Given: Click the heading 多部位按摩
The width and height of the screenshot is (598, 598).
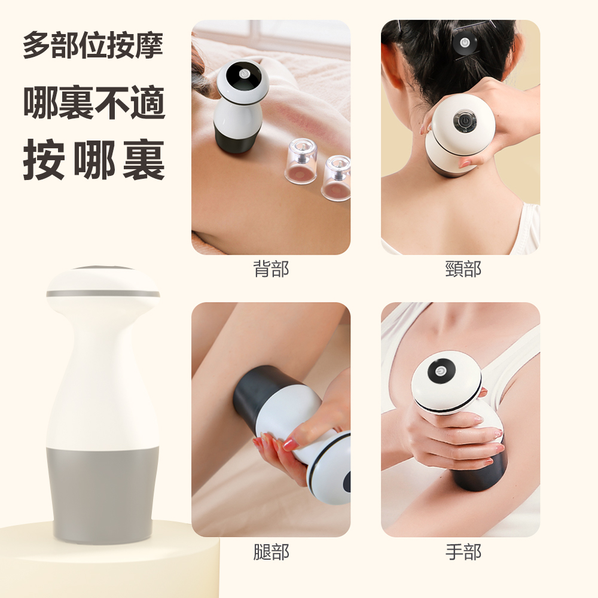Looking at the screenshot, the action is tap(93, 45).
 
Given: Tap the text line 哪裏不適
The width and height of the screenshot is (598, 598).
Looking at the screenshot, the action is tap(94, 102).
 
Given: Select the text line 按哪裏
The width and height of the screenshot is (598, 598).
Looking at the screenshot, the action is tap(94, 160).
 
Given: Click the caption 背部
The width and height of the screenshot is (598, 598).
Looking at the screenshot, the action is tap(271, 269).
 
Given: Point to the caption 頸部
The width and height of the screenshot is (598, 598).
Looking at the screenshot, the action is tap(463, 269).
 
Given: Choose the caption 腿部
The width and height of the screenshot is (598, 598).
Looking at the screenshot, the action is tap(271, 552).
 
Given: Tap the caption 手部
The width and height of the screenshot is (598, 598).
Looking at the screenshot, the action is tap(463, 552).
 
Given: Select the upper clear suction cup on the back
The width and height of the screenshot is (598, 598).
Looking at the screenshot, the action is tap(301, 161).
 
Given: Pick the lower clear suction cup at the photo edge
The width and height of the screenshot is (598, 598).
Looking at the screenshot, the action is tap(337, 178).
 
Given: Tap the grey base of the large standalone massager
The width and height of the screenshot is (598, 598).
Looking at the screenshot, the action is tap(102, 495).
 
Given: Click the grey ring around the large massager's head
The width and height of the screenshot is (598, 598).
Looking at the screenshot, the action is tap(103, 294).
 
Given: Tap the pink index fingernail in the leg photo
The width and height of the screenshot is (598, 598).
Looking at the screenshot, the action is tap(290, 444).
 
